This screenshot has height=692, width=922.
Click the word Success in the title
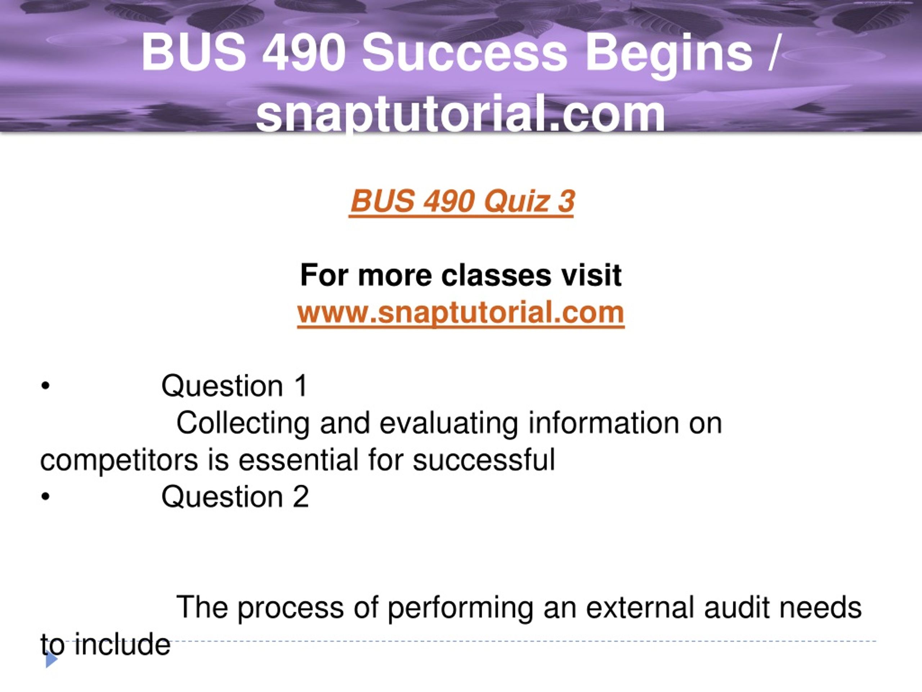464,53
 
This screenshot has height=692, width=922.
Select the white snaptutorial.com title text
461,113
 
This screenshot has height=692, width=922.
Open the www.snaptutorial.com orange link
461,313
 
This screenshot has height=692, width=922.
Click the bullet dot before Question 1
46,386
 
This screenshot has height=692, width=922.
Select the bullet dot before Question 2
46,497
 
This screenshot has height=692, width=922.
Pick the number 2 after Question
300,496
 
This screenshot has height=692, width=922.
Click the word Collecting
243,424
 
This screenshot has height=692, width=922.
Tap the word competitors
119,461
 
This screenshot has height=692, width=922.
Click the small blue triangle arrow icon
51,660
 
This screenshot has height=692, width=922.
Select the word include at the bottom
122,644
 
